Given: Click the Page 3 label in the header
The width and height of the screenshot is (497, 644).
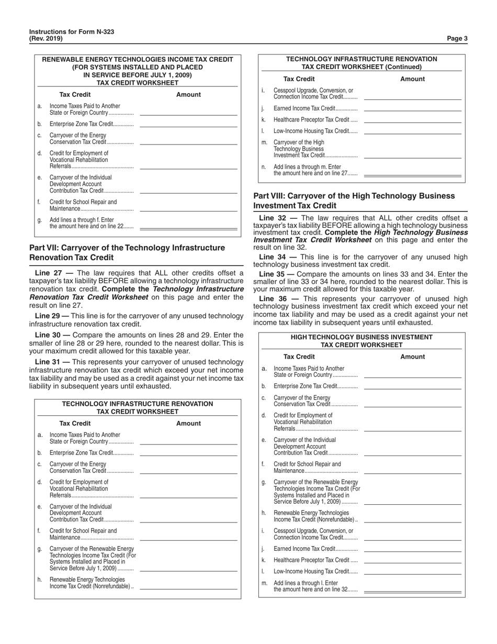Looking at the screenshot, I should point(458,38).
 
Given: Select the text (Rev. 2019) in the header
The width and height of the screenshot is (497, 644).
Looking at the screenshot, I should point(46,39).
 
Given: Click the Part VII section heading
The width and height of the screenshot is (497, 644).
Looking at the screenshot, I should point(127,252).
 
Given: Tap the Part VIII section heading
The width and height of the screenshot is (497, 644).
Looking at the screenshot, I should point(354,201).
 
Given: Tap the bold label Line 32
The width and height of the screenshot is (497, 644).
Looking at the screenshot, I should point(274,218).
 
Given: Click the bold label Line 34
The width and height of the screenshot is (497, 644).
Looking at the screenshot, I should point(274,257).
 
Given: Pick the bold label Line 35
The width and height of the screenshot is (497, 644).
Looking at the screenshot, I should point(274,274).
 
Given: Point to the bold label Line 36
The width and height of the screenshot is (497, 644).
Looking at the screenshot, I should point(274,299).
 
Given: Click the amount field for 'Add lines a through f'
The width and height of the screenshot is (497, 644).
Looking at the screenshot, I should point(189,227).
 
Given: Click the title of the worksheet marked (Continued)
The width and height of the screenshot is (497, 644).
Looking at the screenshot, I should point(362,63).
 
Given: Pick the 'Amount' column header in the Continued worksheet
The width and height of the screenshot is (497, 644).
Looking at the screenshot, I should point(412,79).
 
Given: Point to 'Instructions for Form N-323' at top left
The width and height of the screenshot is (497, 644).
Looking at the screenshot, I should point(72,32).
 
